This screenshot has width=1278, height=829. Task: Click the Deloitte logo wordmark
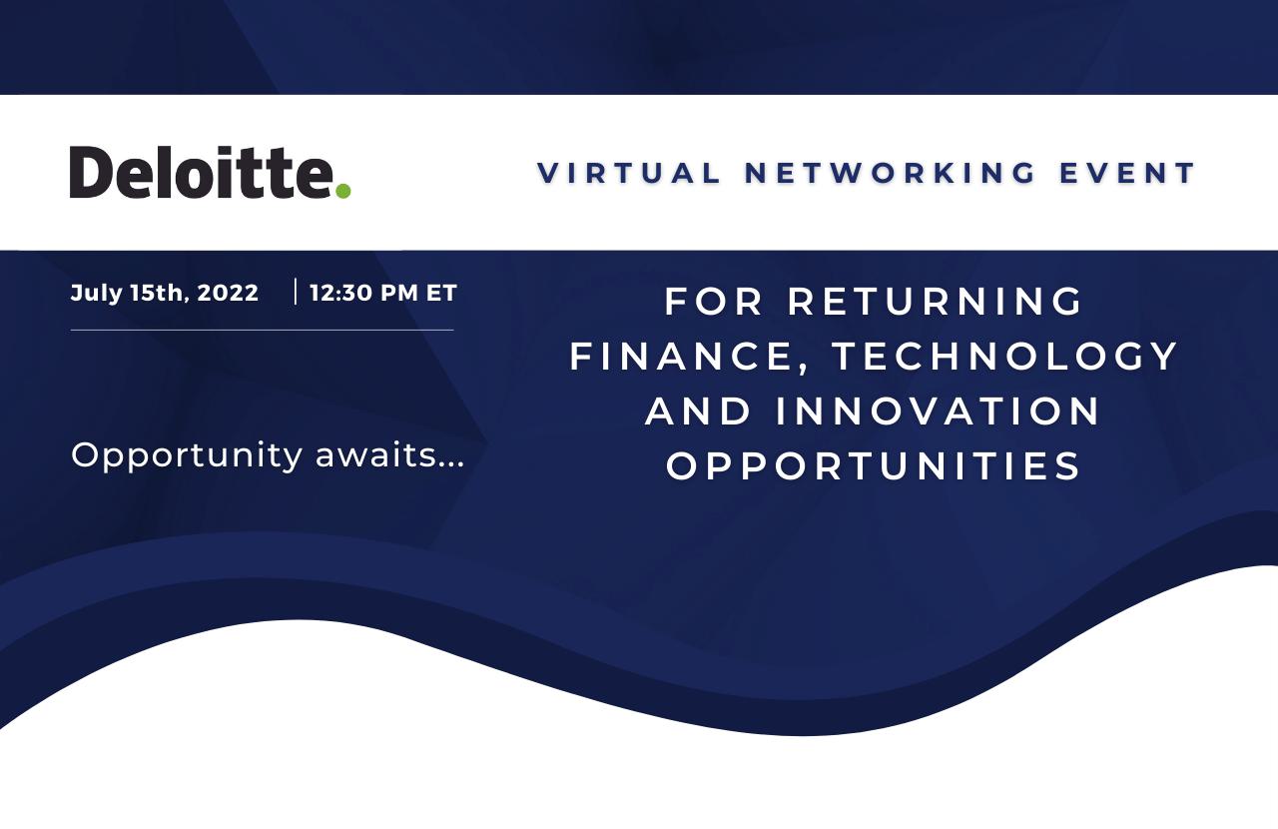tap(210, 172)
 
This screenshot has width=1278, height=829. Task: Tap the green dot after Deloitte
tap(342, 190)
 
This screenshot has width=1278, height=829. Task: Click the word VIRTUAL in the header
tap(629, 173)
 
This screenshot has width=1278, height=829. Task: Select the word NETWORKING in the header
tap(890, 173)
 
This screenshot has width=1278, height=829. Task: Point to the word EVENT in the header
tap(1127, 173)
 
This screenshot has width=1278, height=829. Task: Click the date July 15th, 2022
tap(165, 293)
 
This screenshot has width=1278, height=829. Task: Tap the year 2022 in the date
tap(228, 293)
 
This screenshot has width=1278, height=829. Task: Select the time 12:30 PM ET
tap(382, 293)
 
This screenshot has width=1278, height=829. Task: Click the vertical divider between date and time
tap(295, 292)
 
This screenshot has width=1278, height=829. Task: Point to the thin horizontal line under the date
tap(262, 330)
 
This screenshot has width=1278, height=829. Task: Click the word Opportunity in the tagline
tap(187, 456)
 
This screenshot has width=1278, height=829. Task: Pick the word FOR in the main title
tap(713, 302)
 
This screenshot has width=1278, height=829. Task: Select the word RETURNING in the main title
tap(936, 302)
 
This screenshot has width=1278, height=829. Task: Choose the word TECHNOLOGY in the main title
tap(1004, 357)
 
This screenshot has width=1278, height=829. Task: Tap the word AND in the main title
tap(698, 412)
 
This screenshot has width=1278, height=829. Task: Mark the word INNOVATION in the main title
tap(938, 412)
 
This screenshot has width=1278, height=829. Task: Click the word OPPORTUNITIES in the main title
tap(873, 466)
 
